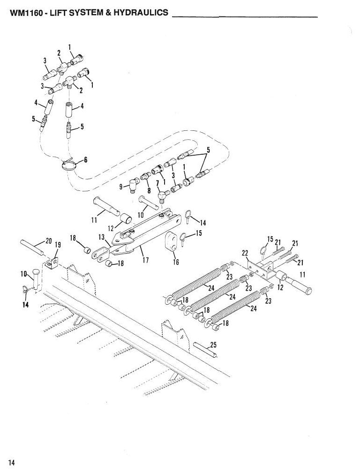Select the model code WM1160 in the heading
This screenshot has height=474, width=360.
click(x=26, y=13)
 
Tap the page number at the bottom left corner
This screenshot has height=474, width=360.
click(x=12, y=463)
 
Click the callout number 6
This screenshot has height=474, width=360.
click(x=85, y=159)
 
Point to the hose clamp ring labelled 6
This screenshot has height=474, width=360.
click(x=68, y=166)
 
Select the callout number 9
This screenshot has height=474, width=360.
click(x=121, y=187)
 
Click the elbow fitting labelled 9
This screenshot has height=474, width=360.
click(x=132, y=184)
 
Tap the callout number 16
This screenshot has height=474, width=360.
click(x=176, y=262)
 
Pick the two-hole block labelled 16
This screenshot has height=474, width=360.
click(x=171, y=241)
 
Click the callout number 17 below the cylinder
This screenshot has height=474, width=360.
click(x=145, y=260)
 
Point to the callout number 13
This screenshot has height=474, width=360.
click(x=101, y=237)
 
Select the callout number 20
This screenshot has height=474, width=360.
click(x=49, y=241)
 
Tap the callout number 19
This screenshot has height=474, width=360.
click(x=58, y=245)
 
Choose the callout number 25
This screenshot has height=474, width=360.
click(x=213, y=345)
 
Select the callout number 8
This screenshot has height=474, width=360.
click(x=149, y=190)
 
